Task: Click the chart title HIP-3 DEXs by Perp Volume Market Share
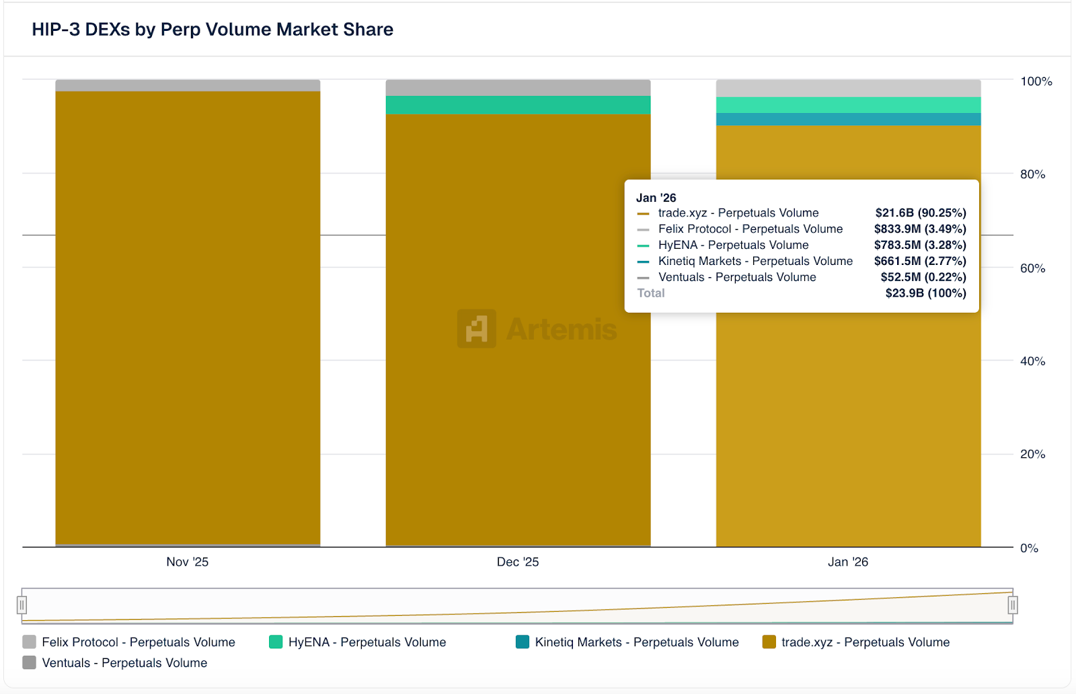point(213,30)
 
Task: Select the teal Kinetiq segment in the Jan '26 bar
point(848,119)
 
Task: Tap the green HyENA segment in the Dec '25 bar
point(518,105)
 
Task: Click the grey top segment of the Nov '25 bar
point(188,85)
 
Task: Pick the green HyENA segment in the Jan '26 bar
point(848,105)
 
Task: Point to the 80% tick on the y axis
point(1032,174)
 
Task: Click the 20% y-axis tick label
point(1032,454)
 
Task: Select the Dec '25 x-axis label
point(518,562)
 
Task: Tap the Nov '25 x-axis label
point(188,562)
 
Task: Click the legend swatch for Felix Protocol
point(29,642)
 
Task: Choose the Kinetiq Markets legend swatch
point(523,642)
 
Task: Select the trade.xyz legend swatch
point(769,642)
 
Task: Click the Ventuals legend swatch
point(29,662)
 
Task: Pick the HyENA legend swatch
point(276,642)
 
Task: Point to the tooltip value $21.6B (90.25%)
point(921,213)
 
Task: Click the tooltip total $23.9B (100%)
point(925,293)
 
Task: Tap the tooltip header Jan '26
point(656,198)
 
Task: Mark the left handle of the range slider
point(22,605)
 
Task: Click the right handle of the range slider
point(1012,605)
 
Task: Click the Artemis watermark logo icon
point(477,329)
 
